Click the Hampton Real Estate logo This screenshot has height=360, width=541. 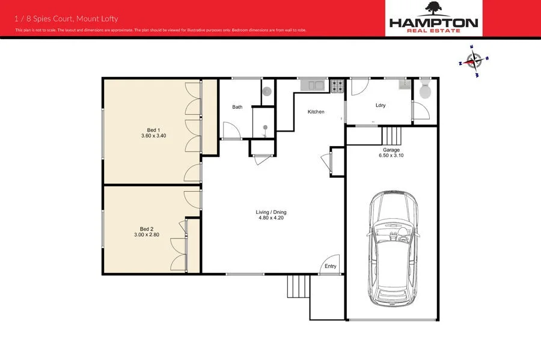433,18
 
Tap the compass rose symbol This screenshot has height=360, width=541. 474,61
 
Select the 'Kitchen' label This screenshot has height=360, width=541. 316,112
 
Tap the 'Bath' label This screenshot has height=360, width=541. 237,108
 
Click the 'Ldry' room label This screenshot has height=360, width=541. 380,105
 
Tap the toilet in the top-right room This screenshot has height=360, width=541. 426,91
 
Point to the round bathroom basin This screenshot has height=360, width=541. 267,92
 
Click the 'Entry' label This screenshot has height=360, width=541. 331,266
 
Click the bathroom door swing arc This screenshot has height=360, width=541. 230,130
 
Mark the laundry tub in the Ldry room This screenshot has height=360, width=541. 406,84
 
